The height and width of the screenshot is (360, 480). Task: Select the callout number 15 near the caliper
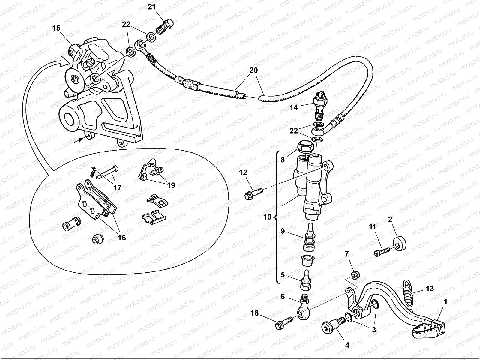pyautogui.click(x=56, y=28)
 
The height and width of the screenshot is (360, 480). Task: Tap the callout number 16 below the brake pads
pyautogui.click(x=122, y=237)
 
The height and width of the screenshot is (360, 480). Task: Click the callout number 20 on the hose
pyautogui.click(x=253, y=71)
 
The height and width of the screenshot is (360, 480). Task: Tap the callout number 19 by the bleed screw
pyautogui.click(x=171, y=185)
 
